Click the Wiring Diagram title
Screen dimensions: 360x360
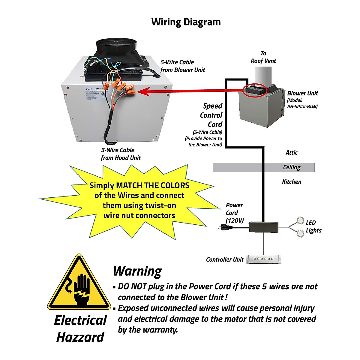click(x=186, y=22)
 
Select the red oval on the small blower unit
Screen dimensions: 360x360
click(x=255, y=90)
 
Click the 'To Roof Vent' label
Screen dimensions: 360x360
click(x=263, y=57)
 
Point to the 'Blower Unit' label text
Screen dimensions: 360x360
click(x=302, y=93)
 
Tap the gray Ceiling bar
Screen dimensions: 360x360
click(x=263, y=167)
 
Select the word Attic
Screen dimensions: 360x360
click(x=291, y=153)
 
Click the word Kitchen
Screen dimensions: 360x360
click(x=291, y=182)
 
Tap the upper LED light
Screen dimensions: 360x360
click(x=300, y=220)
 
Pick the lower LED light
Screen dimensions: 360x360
click(x=300, y=232)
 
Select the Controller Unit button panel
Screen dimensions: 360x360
click(x=264, y=259)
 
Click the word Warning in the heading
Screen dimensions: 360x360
click(x=137, y=271)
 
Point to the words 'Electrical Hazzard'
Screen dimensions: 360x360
click(x=80, y=329)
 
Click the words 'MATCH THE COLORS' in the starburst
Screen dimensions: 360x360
click(x=153, y=185)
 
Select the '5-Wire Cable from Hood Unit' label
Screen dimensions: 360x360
click(x=121, y=154)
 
